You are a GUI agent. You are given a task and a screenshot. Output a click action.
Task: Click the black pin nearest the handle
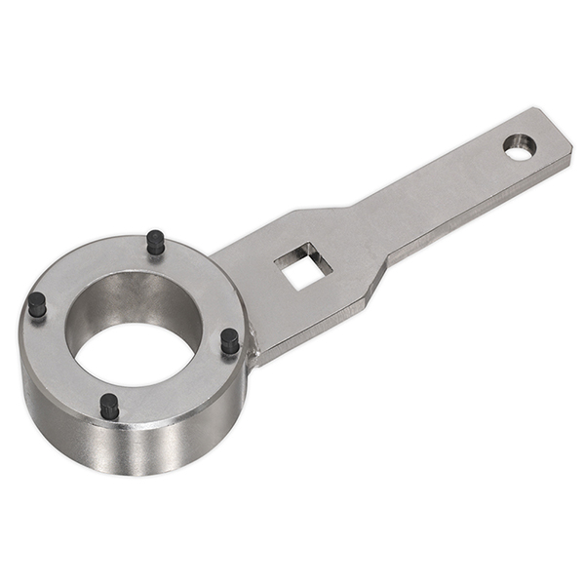[229, 340]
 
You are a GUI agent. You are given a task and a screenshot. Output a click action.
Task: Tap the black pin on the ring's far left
[37, 304]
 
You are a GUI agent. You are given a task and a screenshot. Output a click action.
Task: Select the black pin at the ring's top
[155, 242]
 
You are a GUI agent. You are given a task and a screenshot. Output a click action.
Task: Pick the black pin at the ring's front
[109, 406]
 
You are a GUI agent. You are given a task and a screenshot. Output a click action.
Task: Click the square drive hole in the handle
[302, 266]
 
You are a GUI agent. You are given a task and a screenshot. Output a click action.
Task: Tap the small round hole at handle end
[519, 146]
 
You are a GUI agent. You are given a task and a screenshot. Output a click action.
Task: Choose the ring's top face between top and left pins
[88, 263]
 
